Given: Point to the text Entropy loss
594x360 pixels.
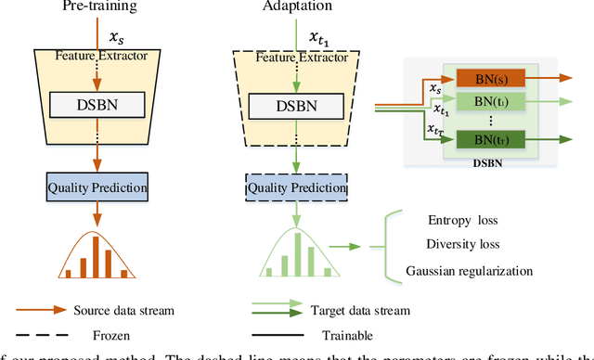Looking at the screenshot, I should (464, 220).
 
